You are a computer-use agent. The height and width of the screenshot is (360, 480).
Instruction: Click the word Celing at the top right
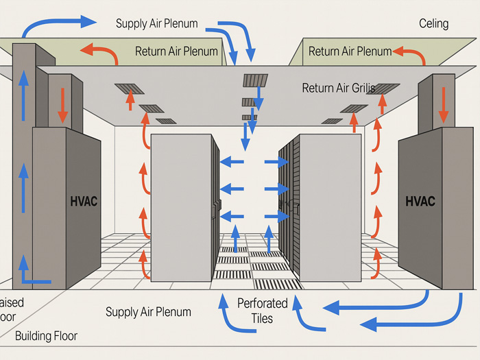click(x=433, y=24)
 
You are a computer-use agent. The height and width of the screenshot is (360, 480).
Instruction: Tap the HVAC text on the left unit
click(x=84, y=202)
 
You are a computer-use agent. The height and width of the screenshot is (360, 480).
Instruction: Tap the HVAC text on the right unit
click(x=420, y=202)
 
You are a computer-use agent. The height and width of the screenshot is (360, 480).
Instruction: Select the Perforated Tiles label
click(x=256, y=311)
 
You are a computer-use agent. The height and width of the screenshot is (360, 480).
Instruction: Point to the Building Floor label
click(x=46, y=336)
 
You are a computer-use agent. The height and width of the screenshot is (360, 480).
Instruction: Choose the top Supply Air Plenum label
click(x=156, y=24)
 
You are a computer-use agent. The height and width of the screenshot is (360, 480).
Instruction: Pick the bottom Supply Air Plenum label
click(x=148, y=313)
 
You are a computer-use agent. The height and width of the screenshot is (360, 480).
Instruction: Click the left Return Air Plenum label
click(x=176, y=51)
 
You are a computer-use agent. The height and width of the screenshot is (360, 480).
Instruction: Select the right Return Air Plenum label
click(x=350, y=51)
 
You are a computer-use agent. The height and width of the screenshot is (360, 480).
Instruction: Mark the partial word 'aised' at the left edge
click(x=12, y=302)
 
